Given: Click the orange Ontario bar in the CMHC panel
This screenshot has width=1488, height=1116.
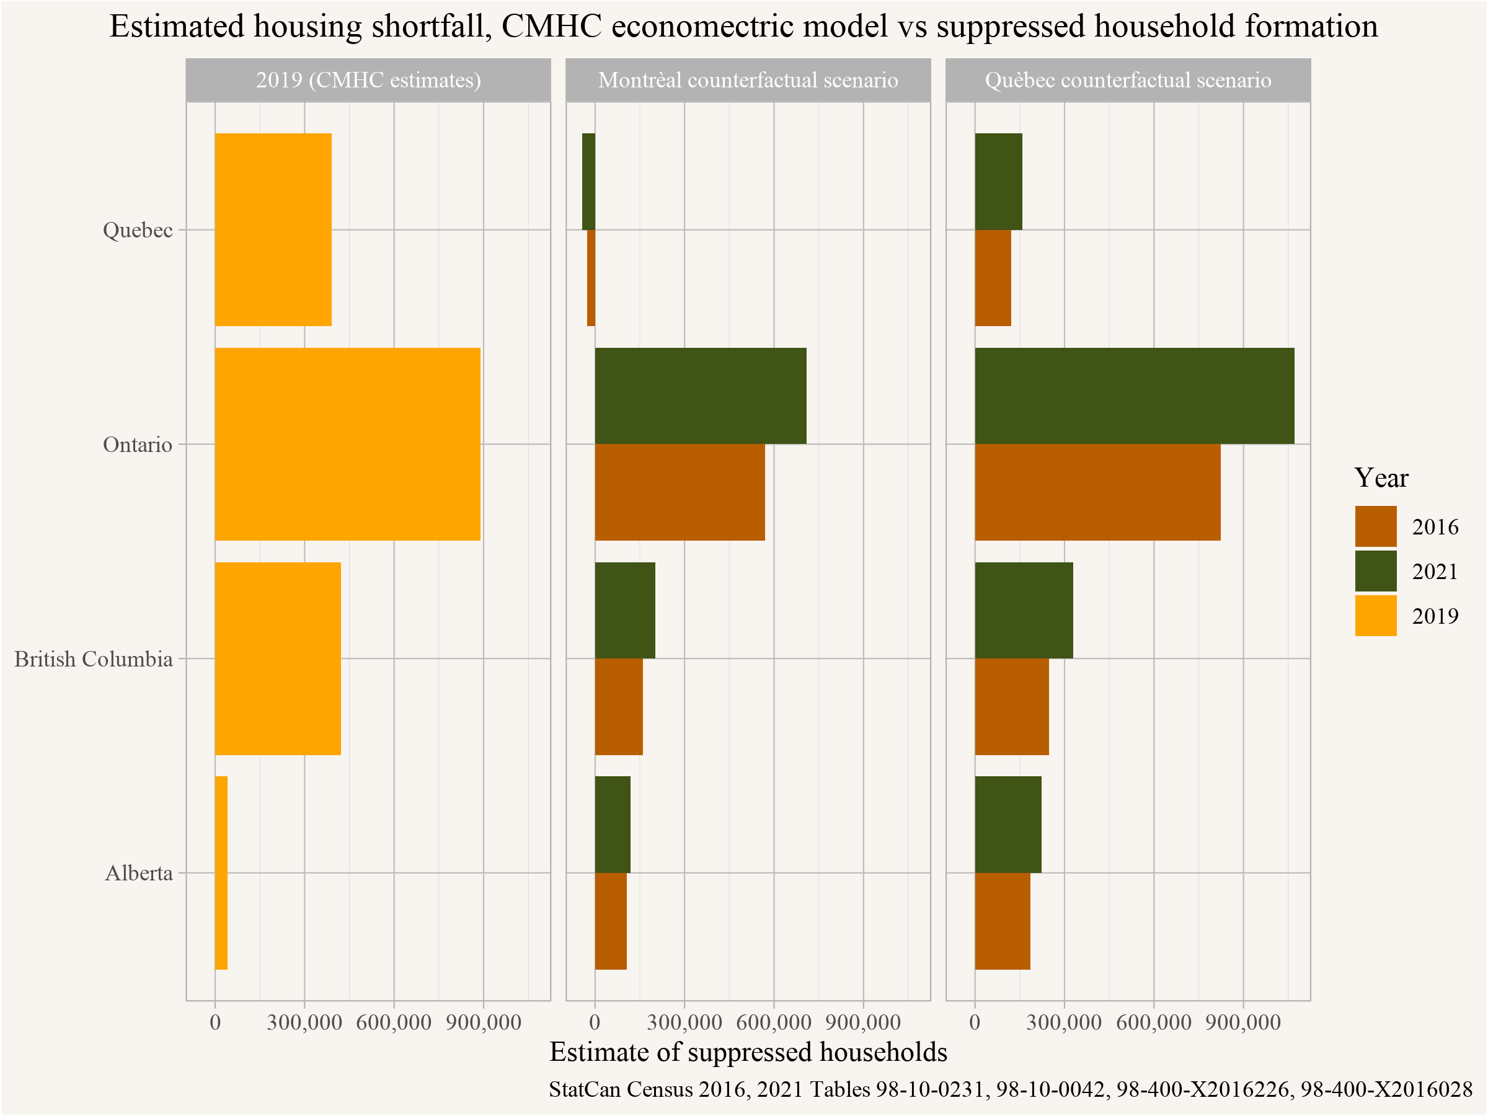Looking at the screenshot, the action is click(347, 444).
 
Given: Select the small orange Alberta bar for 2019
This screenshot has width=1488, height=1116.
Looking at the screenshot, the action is click(221, 872).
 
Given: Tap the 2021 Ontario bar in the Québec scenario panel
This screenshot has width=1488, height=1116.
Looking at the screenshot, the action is click(1134, 396).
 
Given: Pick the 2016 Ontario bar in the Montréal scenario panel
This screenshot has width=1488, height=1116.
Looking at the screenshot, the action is click(680, 492).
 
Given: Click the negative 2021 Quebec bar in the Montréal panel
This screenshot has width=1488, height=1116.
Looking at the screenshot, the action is click(588, 182).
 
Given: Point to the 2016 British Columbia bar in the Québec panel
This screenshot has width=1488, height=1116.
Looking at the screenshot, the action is click(1012, 706).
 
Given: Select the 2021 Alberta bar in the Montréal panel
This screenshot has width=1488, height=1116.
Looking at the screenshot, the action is click(612, 824).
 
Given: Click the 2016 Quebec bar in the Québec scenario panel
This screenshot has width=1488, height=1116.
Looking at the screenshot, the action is click(993, 278).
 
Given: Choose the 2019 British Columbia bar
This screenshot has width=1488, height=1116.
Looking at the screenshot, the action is click(278, 658).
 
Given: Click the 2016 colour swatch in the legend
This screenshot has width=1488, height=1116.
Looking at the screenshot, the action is click(1376, 526).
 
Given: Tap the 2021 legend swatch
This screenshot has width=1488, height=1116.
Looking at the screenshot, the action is click(1376, 571).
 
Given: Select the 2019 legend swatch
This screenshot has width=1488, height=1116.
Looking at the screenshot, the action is click(1376, 616).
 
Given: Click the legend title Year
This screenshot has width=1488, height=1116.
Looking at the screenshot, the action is click(1381, 477).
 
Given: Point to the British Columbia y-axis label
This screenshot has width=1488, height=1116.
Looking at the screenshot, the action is click(94, 658).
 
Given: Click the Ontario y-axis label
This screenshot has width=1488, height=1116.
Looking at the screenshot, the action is click(138, 445).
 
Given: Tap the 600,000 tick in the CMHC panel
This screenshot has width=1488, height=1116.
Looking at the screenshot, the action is click(394, 1022).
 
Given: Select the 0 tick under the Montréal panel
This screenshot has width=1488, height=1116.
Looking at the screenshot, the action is click(595, 1022).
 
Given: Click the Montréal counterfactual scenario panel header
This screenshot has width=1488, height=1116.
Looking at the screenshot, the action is click(748, 80).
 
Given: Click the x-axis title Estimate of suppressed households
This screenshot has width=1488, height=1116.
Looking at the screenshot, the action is click(748, 1052).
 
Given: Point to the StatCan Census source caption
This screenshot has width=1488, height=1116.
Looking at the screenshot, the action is click(1011, 1089).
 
